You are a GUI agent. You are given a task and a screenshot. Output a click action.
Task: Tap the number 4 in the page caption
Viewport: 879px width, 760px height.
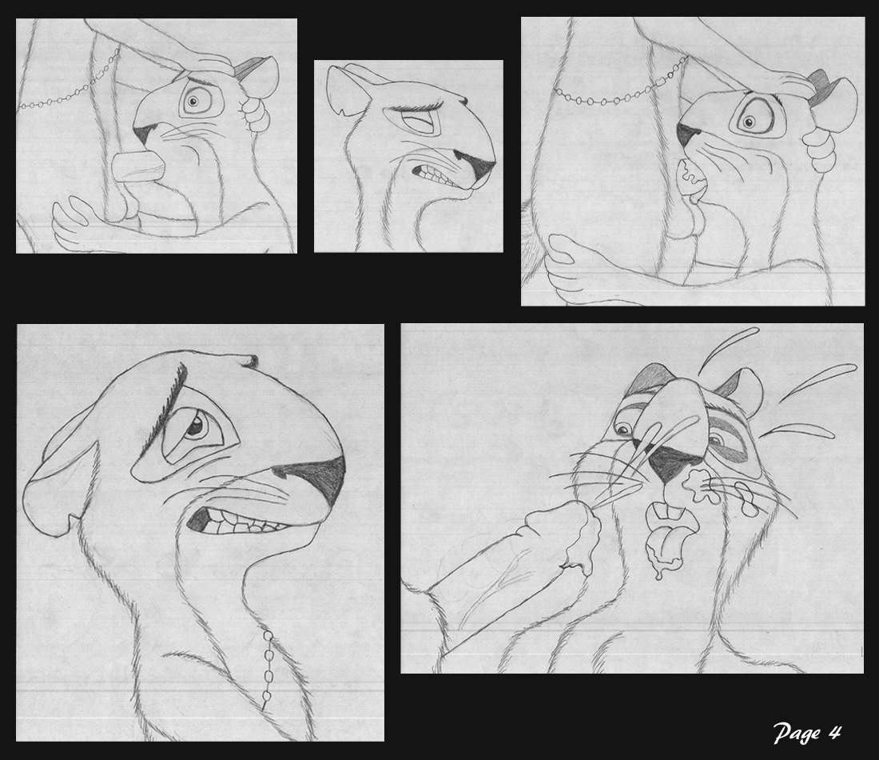pyautogui.click(x=835, y=732)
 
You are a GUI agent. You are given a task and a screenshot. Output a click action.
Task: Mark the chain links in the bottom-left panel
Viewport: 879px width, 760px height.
pyautogui.click(x=267, y=667)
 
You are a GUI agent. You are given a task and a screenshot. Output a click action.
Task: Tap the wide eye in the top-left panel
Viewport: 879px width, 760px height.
pyautogui.click(x=193, y=102)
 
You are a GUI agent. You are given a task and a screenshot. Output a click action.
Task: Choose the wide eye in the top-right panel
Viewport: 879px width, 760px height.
pyautogui.click(x=748, y=122)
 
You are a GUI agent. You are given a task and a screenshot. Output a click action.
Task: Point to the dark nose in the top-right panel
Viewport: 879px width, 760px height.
pyautogui.click(x=686, y=134)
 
